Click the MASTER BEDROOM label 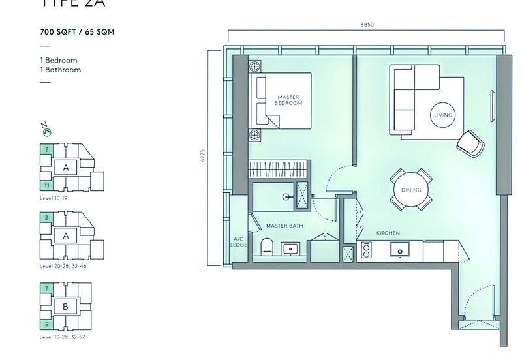288,100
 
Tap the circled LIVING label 442,115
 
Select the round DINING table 411,190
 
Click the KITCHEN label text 388,233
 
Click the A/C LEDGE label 239,242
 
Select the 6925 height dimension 203,157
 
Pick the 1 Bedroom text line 58,60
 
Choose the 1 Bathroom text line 60,69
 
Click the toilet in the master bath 266,247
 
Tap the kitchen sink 397,249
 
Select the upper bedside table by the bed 254,66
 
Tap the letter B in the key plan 65,306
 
